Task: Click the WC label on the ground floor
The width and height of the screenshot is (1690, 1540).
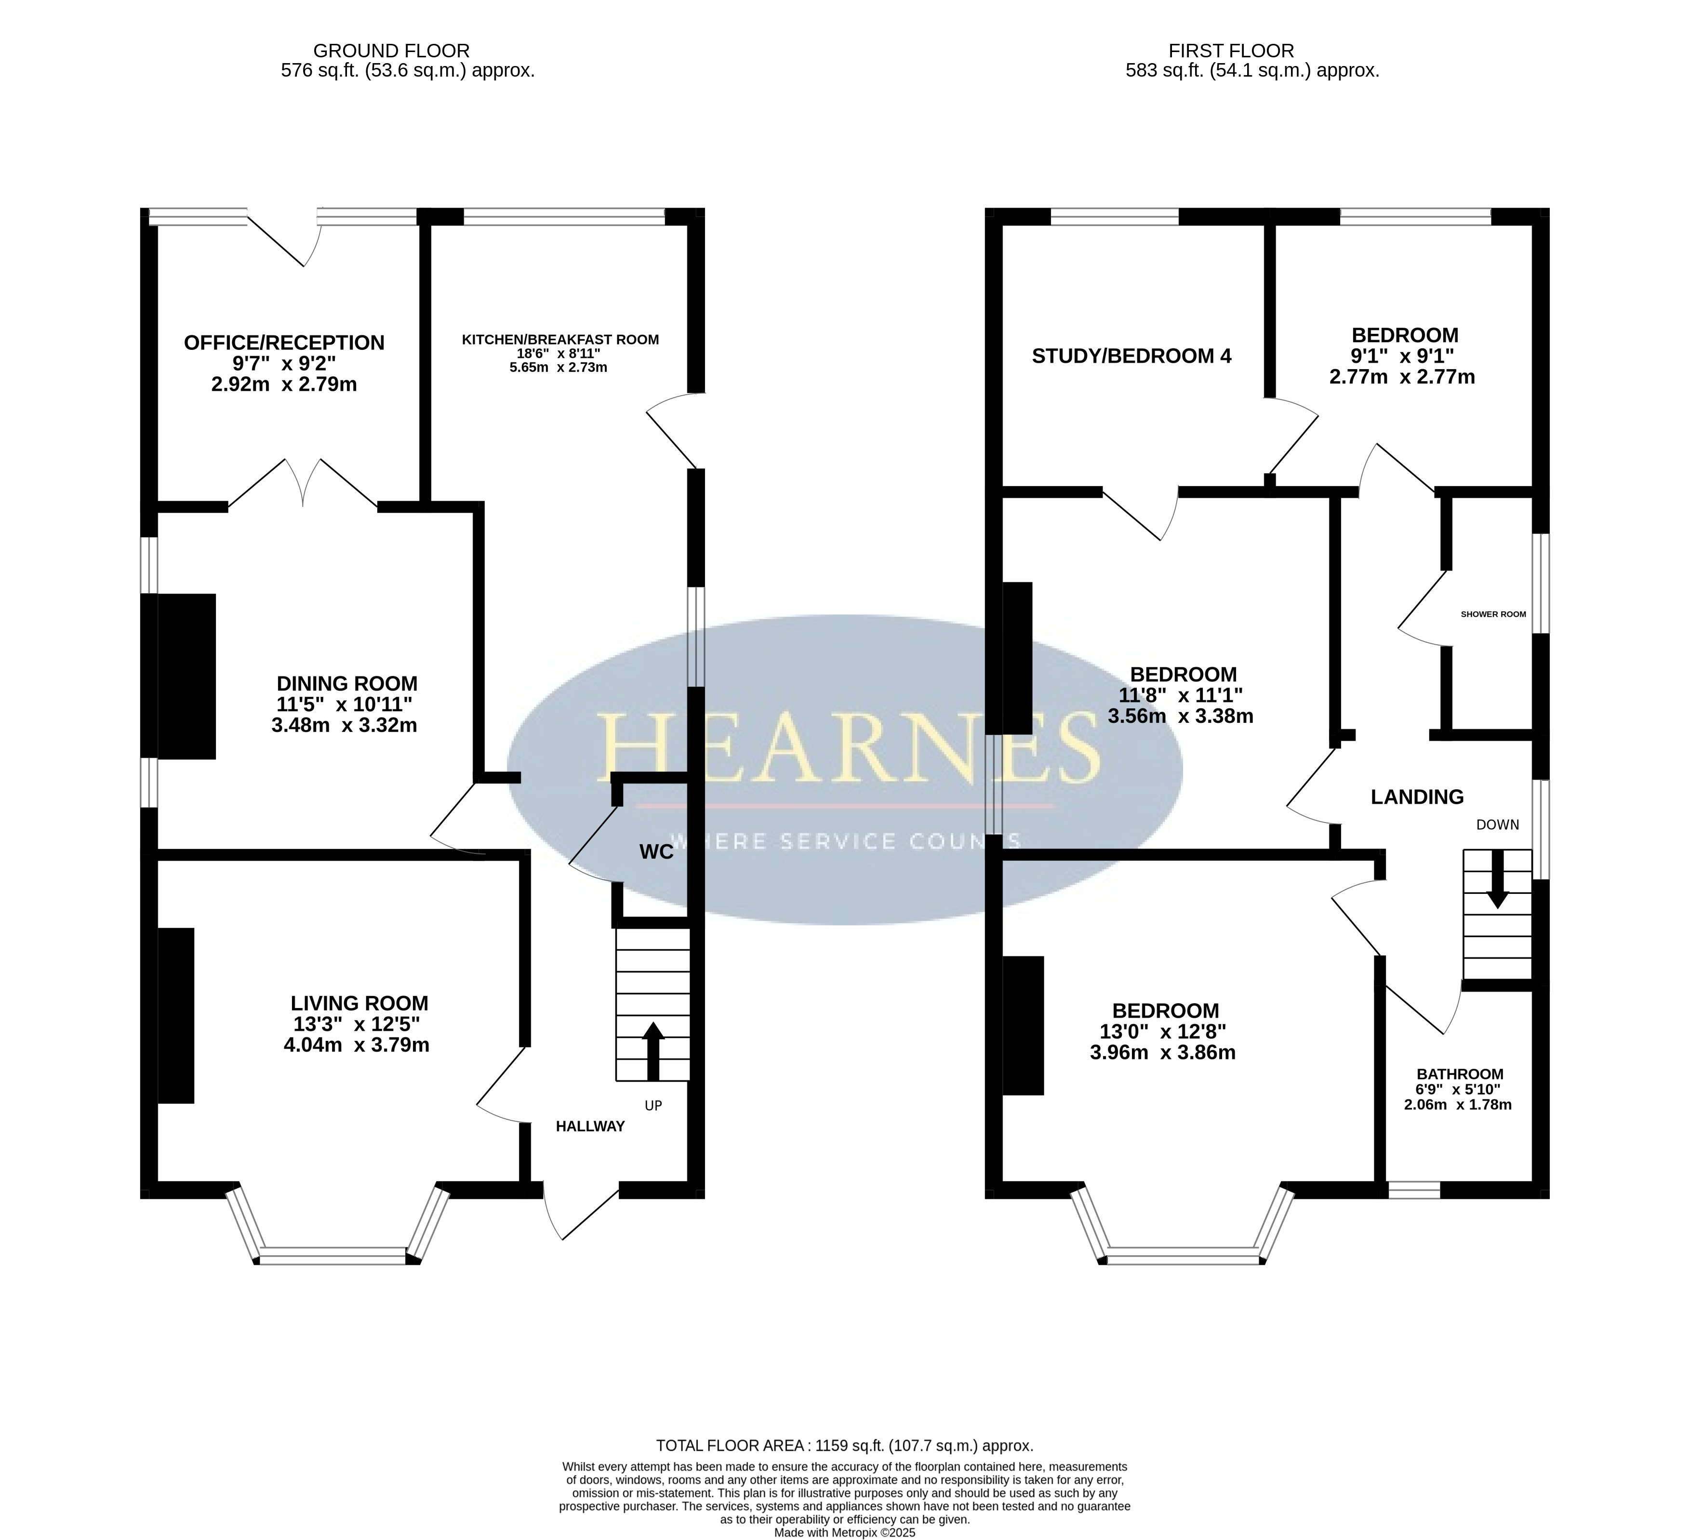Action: tap(656, 852)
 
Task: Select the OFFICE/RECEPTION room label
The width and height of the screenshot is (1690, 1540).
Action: tap(284, 343)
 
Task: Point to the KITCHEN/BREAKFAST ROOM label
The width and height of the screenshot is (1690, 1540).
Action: tap(560, 340)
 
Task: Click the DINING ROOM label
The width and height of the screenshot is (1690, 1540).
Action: tap(347, 683)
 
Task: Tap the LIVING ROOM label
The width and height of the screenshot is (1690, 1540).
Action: tap(359, 1004)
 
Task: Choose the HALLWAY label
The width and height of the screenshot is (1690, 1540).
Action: tap(590, 1127)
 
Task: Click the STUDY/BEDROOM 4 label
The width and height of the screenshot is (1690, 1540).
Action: tap(1131, 356)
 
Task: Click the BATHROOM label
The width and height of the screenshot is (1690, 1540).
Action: tap(1460, 1074)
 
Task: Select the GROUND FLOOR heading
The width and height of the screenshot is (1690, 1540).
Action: tap(391, 51)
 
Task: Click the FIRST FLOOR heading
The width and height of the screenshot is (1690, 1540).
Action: tap(1231, 51)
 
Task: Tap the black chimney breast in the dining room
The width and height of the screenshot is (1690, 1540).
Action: tap(186, 677)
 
